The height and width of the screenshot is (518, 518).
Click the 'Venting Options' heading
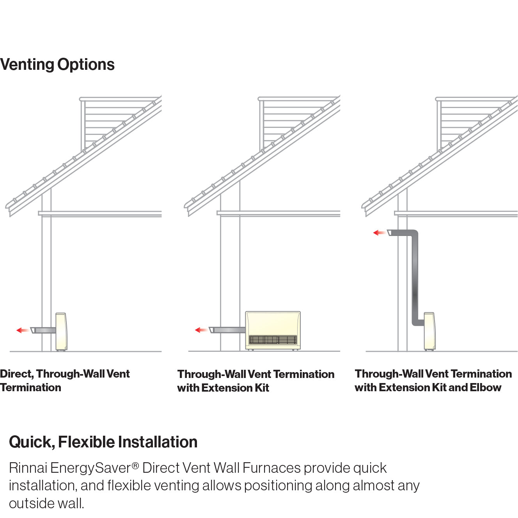(57, 65)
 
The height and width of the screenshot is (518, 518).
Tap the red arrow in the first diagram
(22, 330)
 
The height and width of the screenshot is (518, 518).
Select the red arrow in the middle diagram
(200, 330)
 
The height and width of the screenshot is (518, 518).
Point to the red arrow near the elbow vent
(379, 233)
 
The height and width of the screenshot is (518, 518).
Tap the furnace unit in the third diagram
(429, 331)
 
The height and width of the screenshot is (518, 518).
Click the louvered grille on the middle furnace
(273, 340)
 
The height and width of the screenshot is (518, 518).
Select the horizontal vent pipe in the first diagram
(45, 330)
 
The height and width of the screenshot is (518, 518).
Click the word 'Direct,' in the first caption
(16, 374)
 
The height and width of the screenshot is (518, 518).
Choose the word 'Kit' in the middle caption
(262, 388)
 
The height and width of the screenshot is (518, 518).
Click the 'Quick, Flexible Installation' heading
(103, 442)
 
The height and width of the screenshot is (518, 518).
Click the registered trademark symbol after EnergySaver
(135, 465)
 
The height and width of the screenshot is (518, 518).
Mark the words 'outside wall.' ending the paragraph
(46, 504)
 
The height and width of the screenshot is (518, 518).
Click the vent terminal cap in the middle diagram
(211, 330)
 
